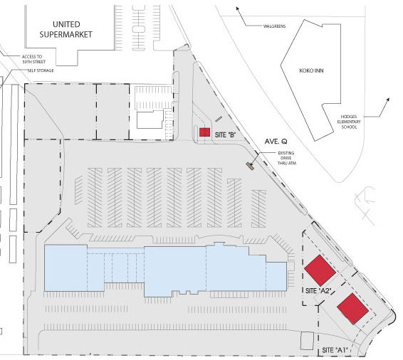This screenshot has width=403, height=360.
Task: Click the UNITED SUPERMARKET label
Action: tap(66, 29)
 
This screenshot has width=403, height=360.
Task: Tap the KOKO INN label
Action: tap(311, 70)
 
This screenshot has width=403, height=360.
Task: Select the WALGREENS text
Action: tap(275, 26)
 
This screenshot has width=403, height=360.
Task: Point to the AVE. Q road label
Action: tap(276, 142)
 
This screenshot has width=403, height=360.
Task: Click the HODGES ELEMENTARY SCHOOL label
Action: tap(349, 122)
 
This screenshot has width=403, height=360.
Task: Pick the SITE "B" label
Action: tap(226, 134)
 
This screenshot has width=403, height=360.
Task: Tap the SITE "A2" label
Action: tap(318, 291)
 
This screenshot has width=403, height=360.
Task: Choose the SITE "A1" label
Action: tap(335, 350)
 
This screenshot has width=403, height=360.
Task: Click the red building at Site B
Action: tap(205, 132)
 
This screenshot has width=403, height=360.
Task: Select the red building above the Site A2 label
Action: tap(320, 270)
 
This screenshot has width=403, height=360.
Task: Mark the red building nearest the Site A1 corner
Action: tap(353, 309)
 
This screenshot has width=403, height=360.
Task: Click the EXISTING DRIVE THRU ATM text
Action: tap(286, 158)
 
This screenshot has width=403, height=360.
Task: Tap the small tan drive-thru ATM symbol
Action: tap(250, 166)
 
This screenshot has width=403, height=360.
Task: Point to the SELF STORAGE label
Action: tap(41, 70)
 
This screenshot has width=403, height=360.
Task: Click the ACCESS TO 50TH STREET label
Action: tap(33, 59)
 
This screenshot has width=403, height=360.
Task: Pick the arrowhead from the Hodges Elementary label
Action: tap(388, 100)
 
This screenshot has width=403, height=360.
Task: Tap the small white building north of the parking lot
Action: tap(150, 120)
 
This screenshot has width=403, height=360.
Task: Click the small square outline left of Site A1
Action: tap(307, 341)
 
